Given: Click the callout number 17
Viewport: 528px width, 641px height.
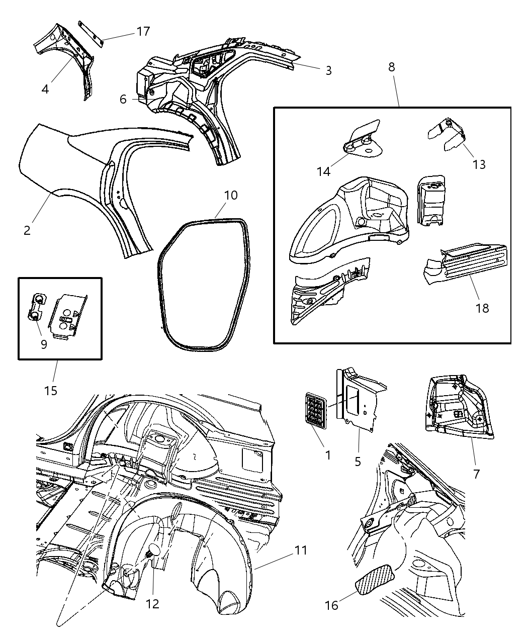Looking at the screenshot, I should click(143, 31).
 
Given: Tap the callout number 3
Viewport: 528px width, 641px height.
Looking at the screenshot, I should click(328, 71).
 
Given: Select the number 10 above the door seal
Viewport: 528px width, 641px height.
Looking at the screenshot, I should click(230, 195).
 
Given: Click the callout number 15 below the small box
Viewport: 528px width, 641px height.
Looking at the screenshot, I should click(51, 390).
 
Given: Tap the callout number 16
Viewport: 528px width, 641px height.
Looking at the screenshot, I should click(331, 605).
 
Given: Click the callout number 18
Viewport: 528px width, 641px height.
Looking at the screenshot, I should click(482, 308).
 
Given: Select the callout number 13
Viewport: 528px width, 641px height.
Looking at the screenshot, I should click(479, 164).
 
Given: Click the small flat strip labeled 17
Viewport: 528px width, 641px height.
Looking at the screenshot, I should click(91, 34).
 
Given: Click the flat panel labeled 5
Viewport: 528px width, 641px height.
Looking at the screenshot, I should click(360, 402).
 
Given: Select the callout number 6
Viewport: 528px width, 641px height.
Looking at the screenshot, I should click(123, 99).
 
